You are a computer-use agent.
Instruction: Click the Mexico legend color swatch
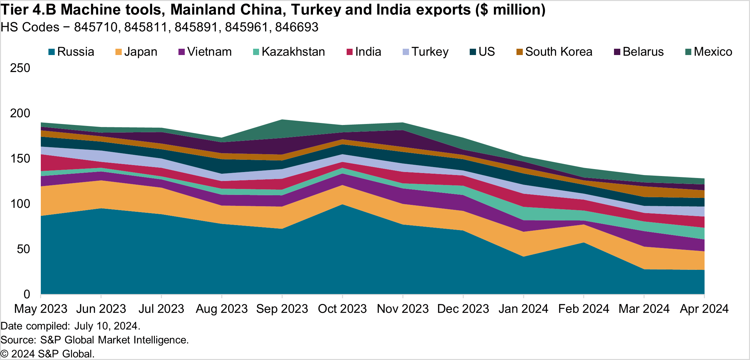pos(688,52)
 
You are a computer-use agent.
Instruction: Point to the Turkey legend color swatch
pos(406,52)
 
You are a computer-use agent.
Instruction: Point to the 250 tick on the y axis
pos(20,68)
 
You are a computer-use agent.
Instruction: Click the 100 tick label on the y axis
pos(20,204)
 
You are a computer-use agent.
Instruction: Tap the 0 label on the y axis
pos(27,294)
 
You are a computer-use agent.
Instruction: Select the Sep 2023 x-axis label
pos(282,309)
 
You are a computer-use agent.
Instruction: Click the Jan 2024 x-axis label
pos(523,309)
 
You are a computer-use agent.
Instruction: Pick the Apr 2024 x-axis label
pos(704,309)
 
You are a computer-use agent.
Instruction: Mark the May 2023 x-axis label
pos(41,309)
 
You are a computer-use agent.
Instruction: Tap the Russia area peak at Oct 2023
pos(342,249)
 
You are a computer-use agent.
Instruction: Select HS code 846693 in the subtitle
pos(297,27)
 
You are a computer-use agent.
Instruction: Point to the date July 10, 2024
pos(106,326)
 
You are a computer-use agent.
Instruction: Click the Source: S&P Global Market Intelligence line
pos(95,340)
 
